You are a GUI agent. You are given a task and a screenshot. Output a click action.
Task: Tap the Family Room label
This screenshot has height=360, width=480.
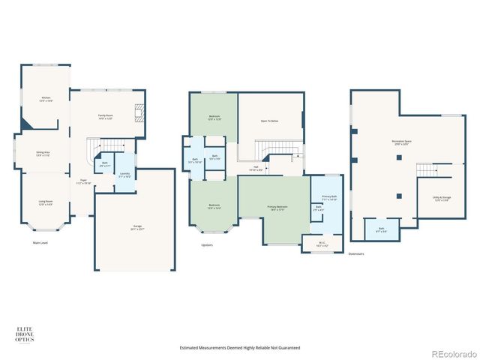[x=105, y=117]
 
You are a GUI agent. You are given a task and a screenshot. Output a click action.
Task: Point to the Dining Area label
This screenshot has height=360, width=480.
[x=43, y=154]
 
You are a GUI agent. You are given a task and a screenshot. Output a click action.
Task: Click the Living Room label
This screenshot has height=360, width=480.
[x=46, y=202]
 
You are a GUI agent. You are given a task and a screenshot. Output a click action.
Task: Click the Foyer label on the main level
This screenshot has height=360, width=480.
[x=85, y=181]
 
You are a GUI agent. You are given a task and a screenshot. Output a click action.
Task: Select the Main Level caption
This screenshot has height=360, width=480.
[x=41, y=242]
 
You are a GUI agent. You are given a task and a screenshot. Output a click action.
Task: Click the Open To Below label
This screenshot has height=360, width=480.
[x=270, y=120]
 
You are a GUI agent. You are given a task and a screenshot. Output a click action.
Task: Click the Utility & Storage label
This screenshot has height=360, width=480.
[x=440, y=199]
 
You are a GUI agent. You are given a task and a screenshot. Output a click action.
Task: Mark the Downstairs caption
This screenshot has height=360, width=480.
[x=356, y=253]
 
